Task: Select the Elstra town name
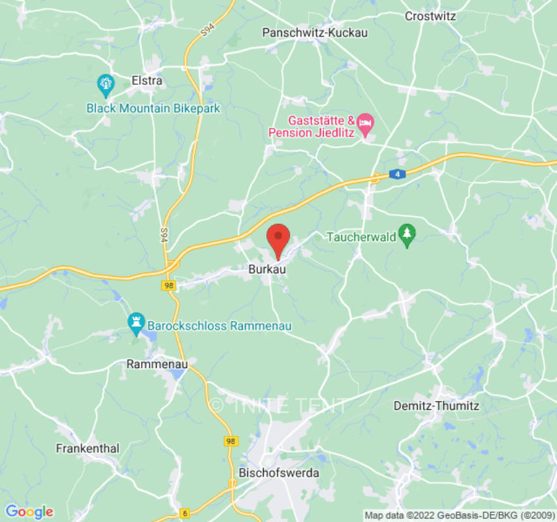point(147,81)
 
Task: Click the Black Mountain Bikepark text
point(153,108)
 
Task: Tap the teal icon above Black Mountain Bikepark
point(105,84)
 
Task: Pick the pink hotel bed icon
point(365,121)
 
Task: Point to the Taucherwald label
point(361,236)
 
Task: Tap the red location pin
point(279,240)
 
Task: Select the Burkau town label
point(267,268)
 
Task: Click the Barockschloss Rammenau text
point(219,325)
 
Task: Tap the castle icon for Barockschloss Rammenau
point(136,321)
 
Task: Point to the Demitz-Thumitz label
point(436,406)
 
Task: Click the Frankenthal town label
point(88,449)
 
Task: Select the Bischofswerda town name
point(279,472)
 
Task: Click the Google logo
point(29,512)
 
